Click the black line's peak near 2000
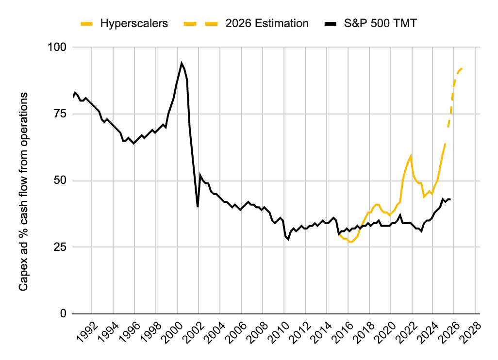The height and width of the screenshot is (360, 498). [x=182, y=63]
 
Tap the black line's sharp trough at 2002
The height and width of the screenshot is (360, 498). [x=198, y=207]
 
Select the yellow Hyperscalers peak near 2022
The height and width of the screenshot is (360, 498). [x=411, y=156]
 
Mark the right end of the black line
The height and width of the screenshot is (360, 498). [x=450, y=199]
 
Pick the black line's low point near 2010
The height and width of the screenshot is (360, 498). [x=288, y=239]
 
